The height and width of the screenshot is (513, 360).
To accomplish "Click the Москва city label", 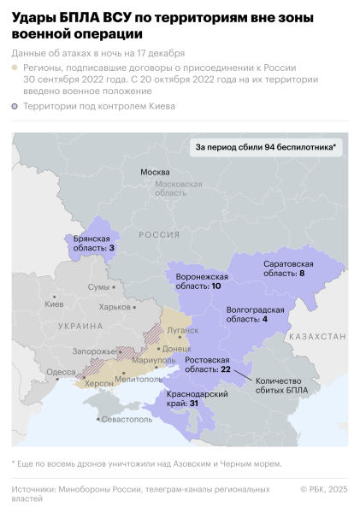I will pos(155,172).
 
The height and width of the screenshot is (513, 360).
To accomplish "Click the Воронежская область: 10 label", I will pos(202,282).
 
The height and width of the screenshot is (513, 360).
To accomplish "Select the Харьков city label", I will pos(115,307).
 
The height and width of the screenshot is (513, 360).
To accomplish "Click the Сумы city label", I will pos(99,286).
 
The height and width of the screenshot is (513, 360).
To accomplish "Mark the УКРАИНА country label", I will pos(80,327).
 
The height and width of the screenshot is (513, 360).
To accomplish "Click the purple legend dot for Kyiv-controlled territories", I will pos(16,107).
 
